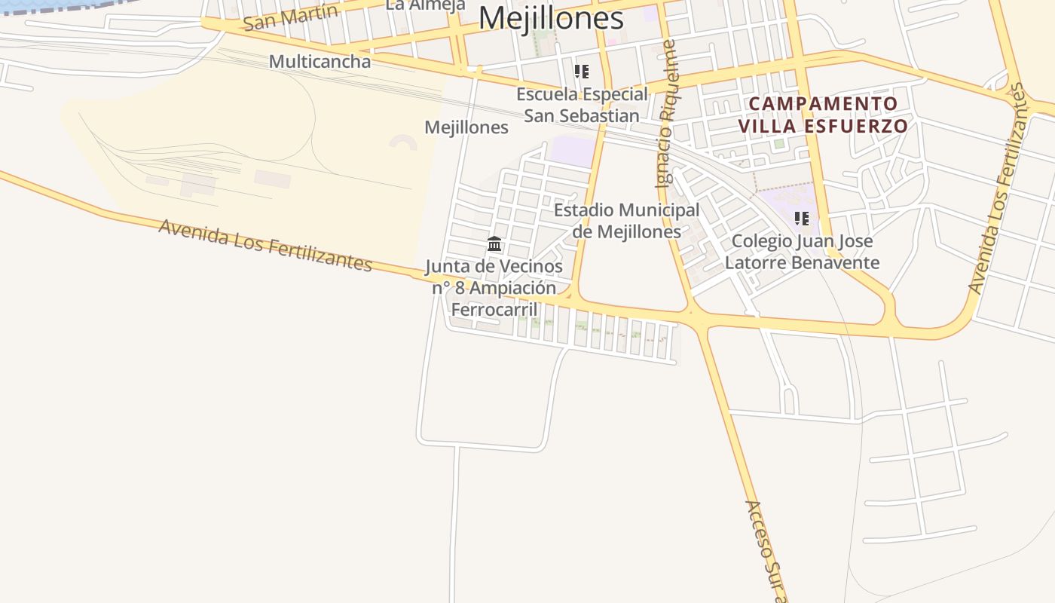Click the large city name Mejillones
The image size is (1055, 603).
pyautogui.click(x=551, y=18)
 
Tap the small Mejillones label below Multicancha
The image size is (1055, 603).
pyautogui.click(x=466, y=127)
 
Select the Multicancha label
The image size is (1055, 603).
pyautogui.click(x=320, y=61)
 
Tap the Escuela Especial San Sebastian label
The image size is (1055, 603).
pyautogui.click(x=582, y=105)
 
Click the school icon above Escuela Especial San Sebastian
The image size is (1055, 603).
pyautogui.click(x=581, y=72)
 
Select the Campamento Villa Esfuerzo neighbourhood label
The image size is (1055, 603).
pyautogui.click(x=822, y=115)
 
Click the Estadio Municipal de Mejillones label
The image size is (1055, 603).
pyautogui.click(x=627, y=220)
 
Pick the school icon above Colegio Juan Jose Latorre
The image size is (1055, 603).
pyautogui.click(x=801, y=219)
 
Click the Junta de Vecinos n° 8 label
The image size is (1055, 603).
pyautogui.click(x=494, y=287)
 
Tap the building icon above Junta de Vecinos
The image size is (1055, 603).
pyautogui.click(x=494, y=243)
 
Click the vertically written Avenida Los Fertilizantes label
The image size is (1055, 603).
pyautogui.click(x=998, y=188)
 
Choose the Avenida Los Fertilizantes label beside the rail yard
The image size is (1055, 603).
pyautogui.click(x=265, y=245)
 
